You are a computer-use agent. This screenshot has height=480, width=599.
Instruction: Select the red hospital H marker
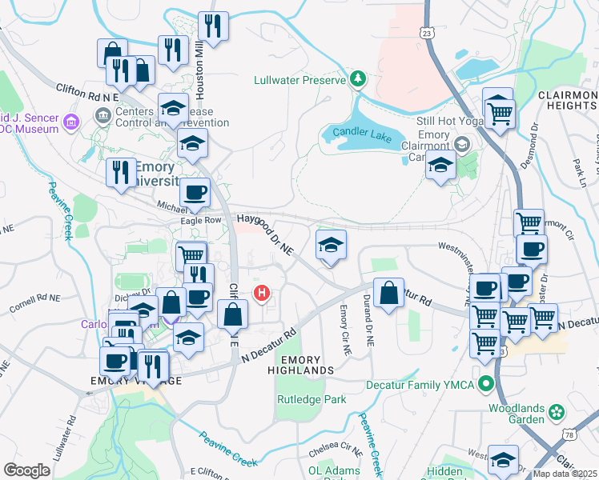point(261,294)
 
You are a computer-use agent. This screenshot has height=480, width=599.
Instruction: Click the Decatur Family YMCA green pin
point(485,385)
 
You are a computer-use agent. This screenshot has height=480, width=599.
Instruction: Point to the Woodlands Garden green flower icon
point(555,412)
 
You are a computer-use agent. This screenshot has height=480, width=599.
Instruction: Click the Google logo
point(26,470)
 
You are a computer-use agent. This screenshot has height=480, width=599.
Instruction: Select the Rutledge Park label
point(312,399)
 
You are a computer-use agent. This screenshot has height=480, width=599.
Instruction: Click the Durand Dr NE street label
point(370,330)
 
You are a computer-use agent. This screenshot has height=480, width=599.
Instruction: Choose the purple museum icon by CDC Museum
point(71,122)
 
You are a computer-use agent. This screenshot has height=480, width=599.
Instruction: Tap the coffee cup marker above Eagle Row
point(195,193)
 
